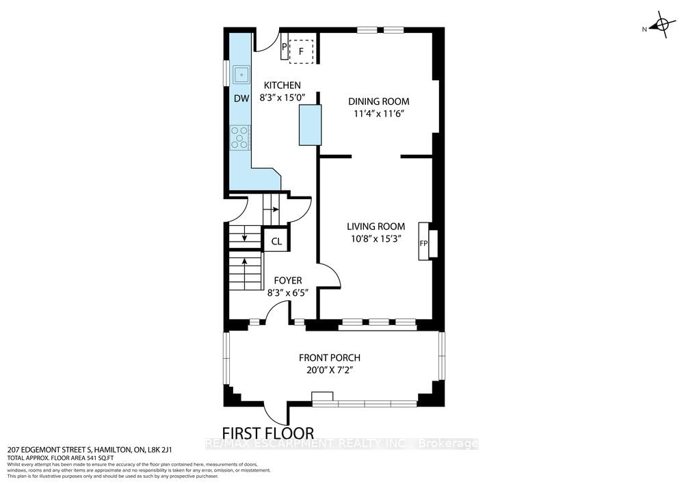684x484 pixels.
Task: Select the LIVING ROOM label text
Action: (x=376, y=227)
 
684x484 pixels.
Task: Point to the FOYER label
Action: (x=288, y=280)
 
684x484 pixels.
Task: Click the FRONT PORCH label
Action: (x=329, y=357)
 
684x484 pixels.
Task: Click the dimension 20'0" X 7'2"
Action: (x=329, y=370)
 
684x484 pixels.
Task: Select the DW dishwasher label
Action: (x=241, y=99)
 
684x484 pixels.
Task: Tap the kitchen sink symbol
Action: (x=241, y=74)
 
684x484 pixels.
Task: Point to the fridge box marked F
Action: (x=301, y=51)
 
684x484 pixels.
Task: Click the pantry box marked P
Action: (x=285, y=47)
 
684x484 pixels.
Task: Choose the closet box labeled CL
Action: (x=276, y=241)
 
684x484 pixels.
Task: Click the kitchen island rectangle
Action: (x=310, y=125)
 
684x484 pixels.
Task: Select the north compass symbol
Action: (x=660, y=27)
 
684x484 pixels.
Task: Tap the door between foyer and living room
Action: (x=328, y=277)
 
